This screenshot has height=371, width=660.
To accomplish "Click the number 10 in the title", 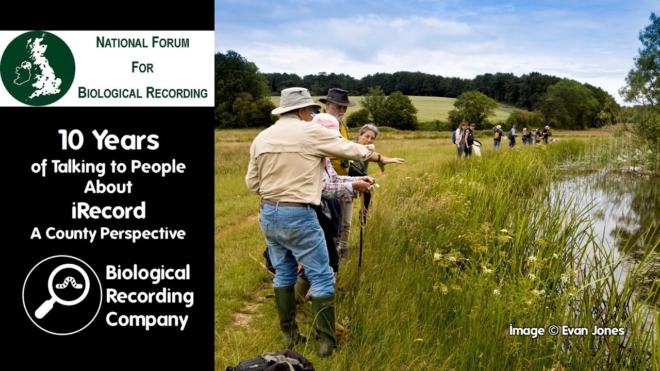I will click(x=71, y=140).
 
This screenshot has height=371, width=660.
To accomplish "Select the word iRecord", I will click(x=108, y=210).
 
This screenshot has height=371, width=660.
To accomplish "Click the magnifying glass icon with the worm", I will click(x=62, y=295).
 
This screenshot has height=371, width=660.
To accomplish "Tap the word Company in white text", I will click(x=147, y=320).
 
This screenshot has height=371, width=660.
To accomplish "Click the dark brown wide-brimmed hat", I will click(x=337, y=96).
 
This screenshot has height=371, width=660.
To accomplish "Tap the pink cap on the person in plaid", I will click(x=326, y=122).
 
